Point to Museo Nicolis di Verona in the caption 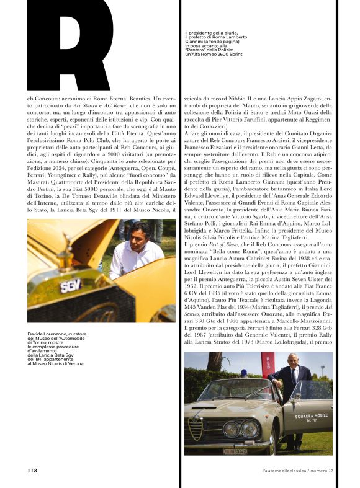[x=50, y=364]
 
